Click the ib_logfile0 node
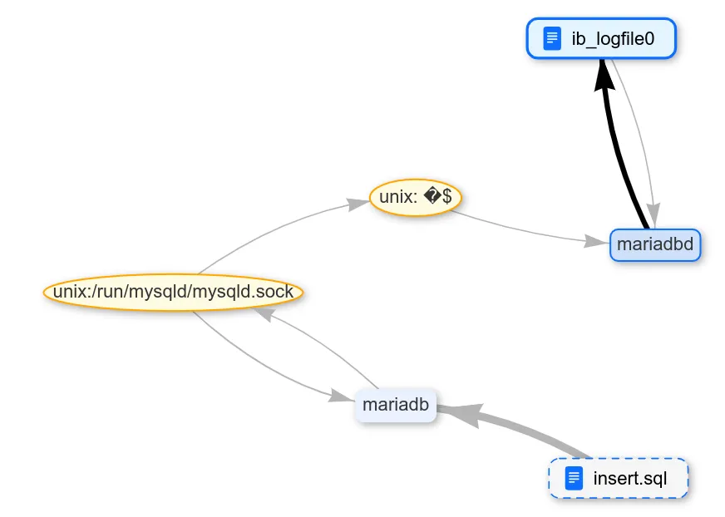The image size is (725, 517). (x=601, y=39)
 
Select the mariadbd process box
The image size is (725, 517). (x=655, y=245)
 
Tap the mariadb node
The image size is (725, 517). (x=396, y=406)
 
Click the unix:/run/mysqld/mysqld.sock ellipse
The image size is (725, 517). (x=173, y=293)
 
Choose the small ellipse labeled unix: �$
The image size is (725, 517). (x=415, y=198)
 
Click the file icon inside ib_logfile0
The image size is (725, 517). (x=551, y=39)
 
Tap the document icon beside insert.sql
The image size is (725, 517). (x=573, y=479)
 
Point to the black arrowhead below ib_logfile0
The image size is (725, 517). (x=604, y=76)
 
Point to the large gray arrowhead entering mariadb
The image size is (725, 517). (x=461, y=413)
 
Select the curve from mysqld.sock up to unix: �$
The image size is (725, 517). (x=266, y=234)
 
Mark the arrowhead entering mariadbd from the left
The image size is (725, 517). (x=596, y=242)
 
